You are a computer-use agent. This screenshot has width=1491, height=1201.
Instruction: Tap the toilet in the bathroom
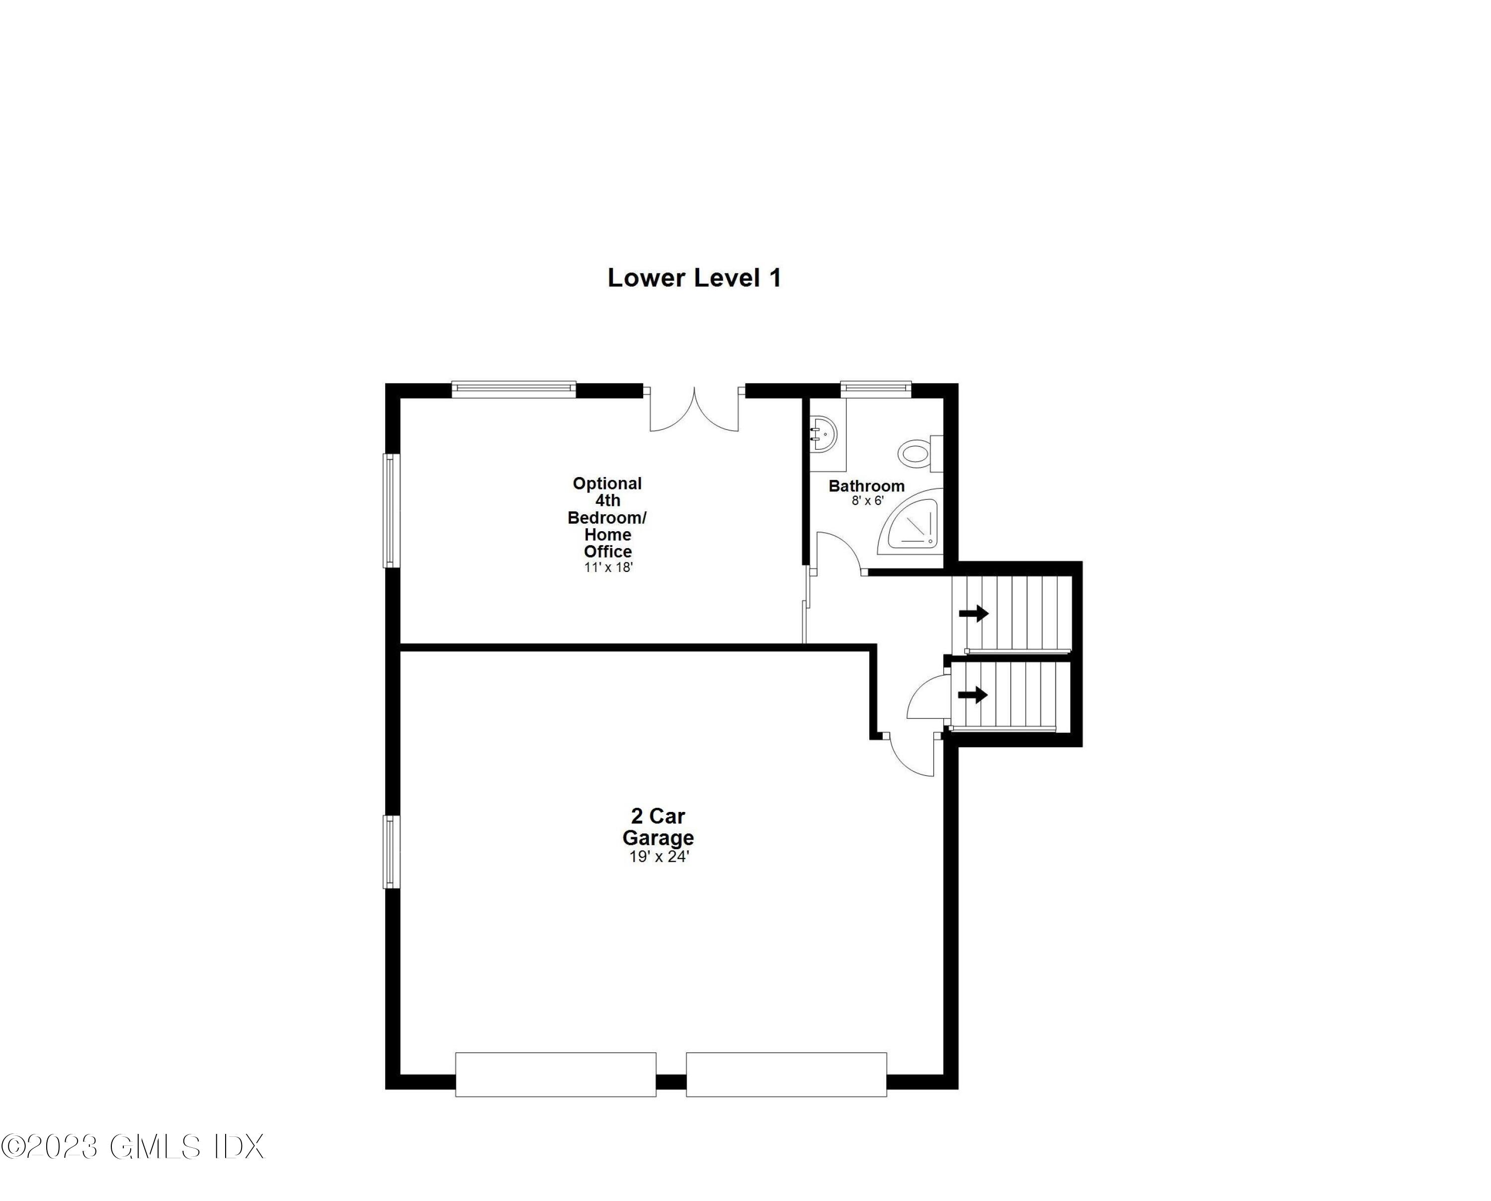(x=917, y=454)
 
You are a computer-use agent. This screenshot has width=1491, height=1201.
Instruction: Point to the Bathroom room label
(x=866, y=485)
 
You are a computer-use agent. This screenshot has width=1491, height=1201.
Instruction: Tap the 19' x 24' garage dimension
(x=659, y=857)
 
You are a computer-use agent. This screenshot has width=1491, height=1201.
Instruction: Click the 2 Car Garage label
(x=658, y=827)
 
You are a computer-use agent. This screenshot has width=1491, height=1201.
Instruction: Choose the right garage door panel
(x=786, y=1074)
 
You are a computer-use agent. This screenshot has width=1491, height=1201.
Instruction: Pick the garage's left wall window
(x=392, y=852)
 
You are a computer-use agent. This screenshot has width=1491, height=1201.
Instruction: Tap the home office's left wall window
(x=392, y=510)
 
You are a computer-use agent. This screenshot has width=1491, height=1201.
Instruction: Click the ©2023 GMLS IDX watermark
(x=133, y=1146)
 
